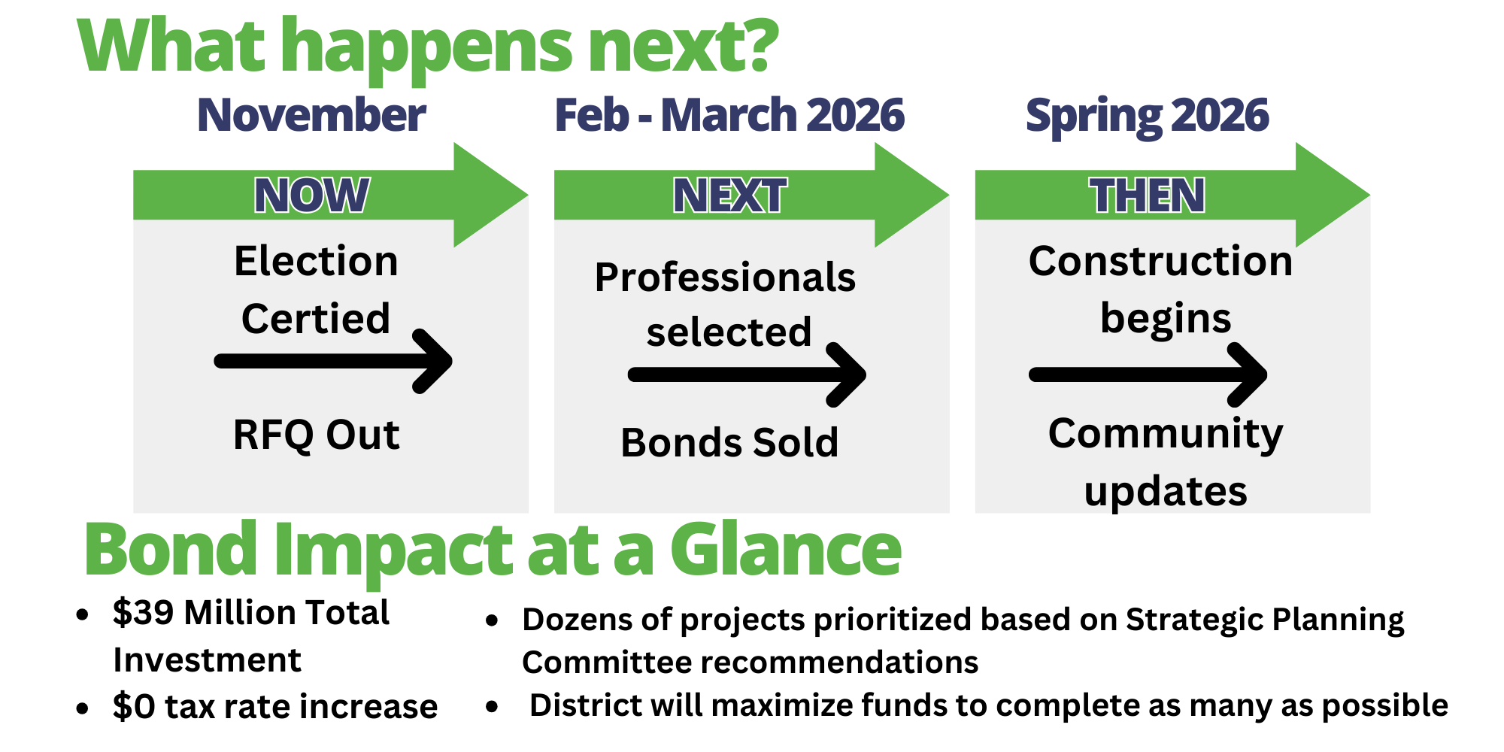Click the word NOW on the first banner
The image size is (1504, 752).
(311, 196)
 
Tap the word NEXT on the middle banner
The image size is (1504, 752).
(729, 196)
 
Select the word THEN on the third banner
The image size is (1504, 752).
(1148, 196)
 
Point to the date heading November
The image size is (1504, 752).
(311, 115)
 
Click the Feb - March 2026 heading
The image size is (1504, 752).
(729, 115)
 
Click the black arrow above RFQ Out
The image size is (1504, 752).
(333, 361)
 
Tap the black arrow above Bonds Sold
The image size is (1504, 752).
(747, 374)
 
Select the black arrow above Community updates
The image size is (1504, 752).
(1148, 374)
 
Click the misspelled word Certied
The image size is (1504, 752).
(316, 318)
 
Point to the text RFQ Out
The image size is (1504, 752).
(316, 435)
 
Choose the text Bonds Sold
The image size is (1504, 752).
(729, 442)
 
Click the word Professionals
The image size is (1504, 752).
(725, 277)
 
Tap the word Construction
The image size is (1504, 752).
(1160, 261)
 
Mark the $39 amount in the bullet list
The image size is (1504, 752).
(144, 612)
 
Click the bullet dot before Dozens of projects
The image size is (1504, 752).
(493, 621)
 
